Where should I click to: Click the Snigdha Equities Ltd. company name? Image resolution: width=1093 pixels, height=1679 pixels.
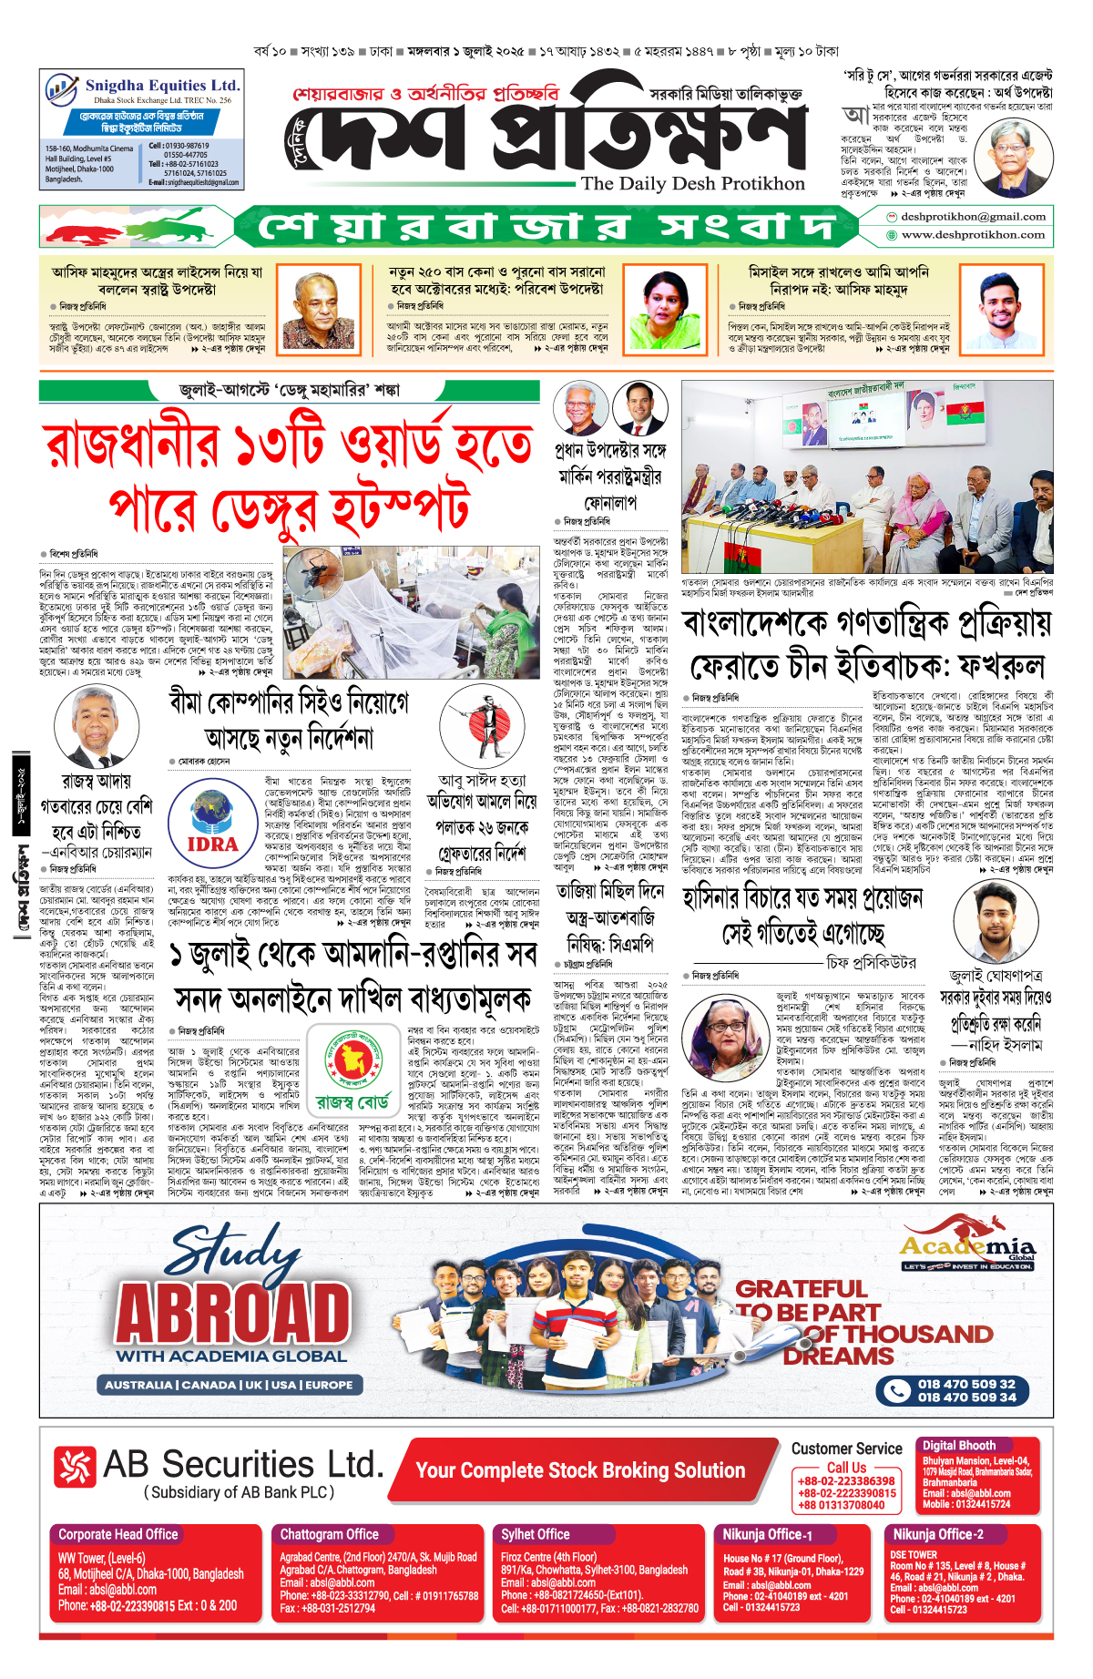[x=162, y=85]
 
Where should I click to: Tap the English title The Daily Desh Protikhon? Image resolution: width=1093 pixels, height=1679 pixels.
[x=692, y=183]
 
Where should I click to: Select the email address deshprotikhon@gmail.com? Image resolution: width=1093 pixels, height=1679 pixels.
[x=973, y=217]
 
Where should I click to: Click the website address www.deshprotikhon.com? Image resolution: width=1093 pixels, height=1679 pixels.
[x=973, y=235]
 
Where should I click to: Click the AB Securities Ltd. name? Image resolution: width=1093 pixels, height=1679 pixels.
[x=242, y=1464]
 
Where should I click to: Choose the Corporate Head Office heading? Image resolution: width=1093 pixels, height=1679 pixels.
[x=117, y=1534]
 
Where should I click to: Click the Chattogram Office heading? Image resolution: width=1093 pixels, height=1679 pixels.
[x=329, y=1534]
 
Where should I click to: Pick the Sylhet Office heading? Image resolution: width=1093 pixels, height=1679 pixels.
[x=535, y=1534]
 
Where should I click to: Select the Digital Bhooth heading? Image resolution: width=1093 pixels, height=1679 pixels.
[x=958, y=1445]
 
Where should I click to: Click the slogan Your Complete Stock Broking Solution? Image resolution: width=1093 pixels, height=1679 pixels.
[x=580, y=1470]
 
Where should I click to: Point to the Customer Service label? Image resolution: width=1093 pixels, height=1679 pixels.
[x=846, y=1449]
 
